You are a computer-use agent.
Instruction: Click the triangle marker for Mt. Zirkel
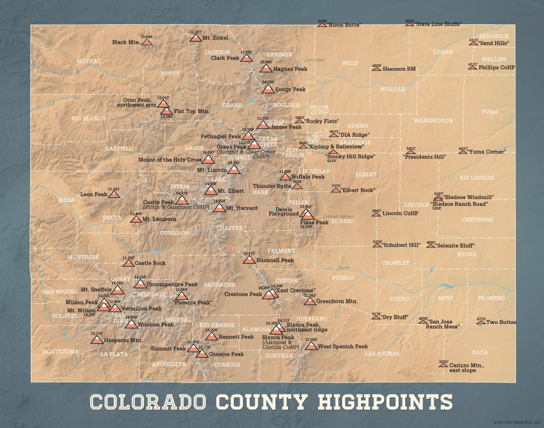(x=195, y=38)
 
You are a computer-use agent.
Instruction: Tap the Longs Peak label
(x=290, y=90)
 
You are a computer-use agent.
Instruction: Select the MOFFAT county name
(x=89, y=62)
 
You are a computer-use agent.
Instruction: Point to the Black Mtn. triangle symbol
(x=147, y=42)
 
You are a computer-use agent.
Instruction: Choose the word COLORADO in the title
(x=148, y=402)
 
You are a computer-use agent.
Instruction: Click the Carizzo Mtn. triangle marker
(x=444, y=365)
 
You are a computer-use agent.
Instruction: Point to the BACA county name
(x=480, y=352)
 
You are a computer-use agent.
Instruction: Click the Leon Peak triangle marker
(x=113, y=194)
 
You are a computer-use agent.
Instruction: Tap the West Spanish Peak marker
(x=311, y=346)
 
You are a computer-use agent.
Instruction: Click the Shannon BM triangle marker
(x=377, y=69)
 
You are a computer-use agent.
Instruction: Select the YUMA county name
(x=489, y=112)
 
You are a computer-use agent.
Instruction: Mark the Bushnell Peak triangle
(x=249, y=260)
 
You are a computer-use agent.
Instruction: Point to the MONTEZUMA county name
(x=60, y=351)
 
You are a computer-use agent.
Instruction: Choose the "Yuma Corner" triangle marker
(x=463, y=152)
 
